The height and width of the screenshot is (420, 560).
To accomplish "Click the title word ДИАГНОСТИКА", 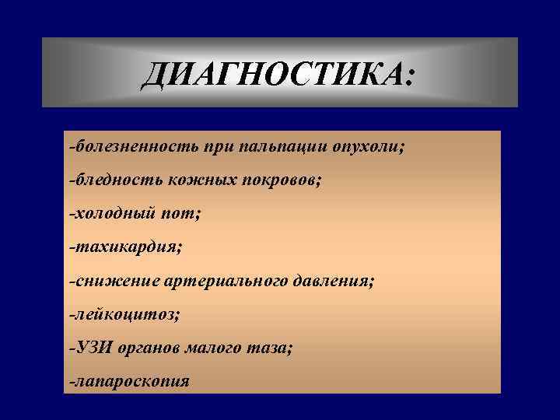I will coord(272,75).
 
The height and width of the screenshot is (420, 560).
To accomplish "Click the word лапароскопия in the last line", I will coord(131,382).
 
